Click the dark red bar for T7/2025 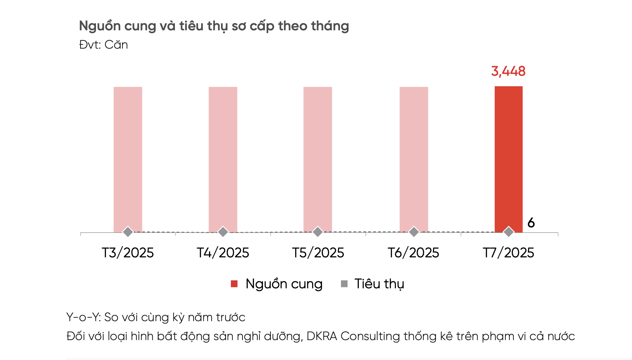508,158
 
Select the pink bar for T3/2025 128,158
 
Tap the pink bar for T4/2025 223,158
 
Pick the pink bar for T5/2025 318,158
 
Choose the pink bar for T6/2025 414,158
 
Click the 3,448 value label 508,71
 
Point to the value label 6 531,223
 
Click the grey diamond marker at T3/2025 128,232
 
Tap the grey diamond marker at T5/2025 318,232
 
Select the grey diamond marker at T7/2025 509,232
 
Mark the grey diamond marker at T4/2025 223,232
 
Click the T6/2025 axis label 413,253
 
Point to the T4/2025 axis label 223,253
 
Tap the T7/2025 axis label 508,253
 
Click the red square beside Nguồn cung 234,284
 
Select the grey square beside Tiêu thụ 344,284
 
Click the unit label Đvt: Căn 104,45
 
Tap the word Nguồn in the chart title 100,26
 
